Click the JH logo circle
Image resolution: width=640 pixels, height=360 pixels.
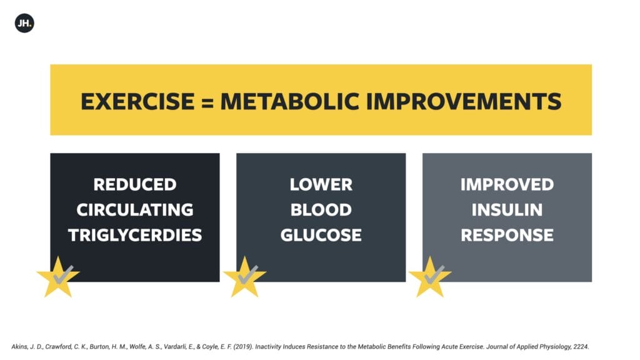pyautogui.click(x=24, y=23)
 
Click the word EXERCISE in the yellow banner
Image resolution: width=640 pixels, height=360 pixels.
pyautogui.click(x=138, y=102)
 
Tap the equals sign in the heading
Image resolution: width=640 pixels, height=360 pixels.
pyautogui.click(x=207, y=102)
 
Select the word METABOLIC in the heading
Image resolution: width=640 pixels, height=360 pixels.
pyautogui.click(x=290, y=102)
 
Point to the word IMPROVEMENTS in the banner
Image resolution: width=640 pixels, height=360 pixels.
pyautogui.click(x=464, y=102)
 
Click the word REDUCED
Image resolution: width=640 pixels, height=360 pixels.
pyautogui.click(x=135, y=184)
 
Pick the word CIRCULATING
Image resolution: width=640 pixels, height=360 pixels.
pyautogui.click(x=135, y=210)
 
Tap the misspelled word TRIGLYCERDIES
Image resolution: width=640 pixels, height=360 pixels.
pyautogui.click(x=135, y=235)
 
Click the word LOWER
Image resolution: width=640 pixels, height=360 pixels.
pyautogui.click(x=321, y=184)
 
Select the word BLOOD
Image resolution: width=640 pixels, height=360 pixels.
pyautogui.click(x=321, y=210)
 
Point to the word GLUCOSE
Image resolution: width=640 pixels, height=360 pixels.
pyautogui.click(x=321, y=235)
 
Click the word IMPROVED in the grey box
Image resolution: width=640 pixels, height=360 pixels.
pyautogui.click(x=507, y=184)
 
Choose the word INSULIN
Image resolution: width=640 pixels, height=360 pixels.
pyautogui.click(x=507, y=210)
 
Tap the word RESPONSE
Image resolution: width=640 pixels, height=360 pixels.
pyautogui.click(x=507, y=235)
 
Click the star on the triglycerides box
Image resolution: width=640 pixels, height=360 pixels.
pyautogui.click(x=58, y=278)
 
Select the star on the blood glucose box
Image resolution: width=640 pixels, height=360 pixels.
pyautogui.click(x=244, y=278)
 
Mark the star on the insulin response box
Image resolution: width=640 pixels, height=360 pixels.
pyautogui.click(x=430, y=278)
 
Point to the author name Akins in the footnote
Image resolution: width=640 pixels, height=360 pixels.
pyautogui.click(x=19, y=346)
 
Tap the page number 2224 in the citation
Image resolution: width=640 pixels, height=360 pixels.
pyautogui.click(x=581, y=346)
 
